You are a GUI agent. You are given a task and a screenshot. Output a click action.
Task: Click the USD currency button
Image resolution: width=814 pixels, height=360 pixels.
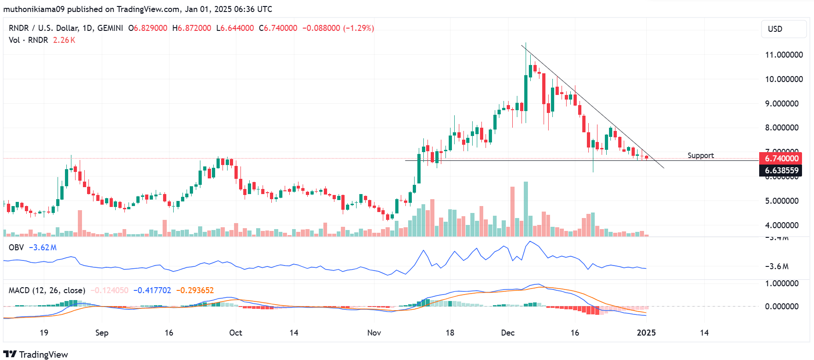pos(784,29)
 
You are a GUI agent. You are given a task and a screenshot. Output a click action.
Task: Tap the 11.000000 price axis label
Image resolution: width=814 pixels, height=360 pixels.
pos(784,55)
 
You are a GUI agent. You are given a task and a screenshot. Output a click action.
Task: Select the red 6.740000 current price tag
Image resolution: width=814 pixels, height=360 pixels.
pos(781,159)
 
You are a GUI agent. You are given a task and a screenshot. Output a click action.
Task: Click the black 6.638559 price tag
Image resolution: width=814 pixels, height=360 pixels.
pos(781,171)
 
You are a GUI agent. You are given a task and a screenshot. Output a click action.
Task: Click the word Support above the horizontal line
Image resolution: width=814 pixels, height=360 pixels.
pos(700,156)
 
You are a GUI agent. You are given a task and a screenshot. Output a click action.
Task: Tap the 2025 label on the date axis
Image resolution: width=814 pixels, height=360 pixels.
pos(646,333)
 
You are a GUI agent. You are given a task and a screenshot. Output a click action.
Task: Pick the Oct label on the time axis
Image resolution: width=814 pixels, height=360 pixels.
pos(235,333)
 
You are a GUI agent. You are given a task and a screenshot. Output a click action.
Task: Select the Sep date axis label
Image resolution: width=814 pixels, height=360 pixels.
pos(101,333)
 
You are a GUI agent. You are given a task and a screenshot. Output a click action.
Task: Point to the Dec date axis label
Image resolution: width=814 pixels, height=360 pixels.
pos(508,333)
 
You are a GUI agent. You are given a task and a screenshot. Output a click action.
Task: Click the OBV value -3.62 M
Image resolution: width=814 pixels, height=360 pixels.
pos(43,248)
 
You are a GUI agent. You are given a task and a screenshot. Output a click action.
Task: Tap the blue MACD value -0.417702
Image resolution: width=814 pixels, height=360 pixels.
pos(152,290)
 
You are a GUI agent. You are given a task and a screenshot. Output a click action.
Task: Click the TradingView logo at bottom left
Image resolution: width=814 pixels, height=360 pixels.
pos(35,354)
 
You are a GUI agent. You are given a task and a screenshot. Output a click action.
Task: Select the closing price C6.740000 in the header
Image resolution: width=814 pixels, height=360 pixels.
pos(278,28)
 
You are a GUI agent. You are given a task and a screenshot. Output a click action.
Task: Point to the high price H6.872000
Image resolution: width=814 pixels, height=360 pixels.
pos(192,28)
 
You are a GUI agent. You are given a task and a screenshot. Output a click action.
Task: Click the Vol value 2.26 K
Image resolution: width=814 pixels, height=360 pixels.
pos(64,40)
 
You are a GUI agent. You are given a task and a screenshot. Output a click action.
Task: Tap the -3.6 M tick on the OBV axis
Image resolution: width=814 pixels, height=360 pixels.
pos(777,266)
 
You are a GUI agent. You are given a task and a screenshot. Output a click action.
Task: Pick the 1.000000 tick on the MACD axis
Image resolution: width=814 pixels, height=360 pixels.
pos(781,283)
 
